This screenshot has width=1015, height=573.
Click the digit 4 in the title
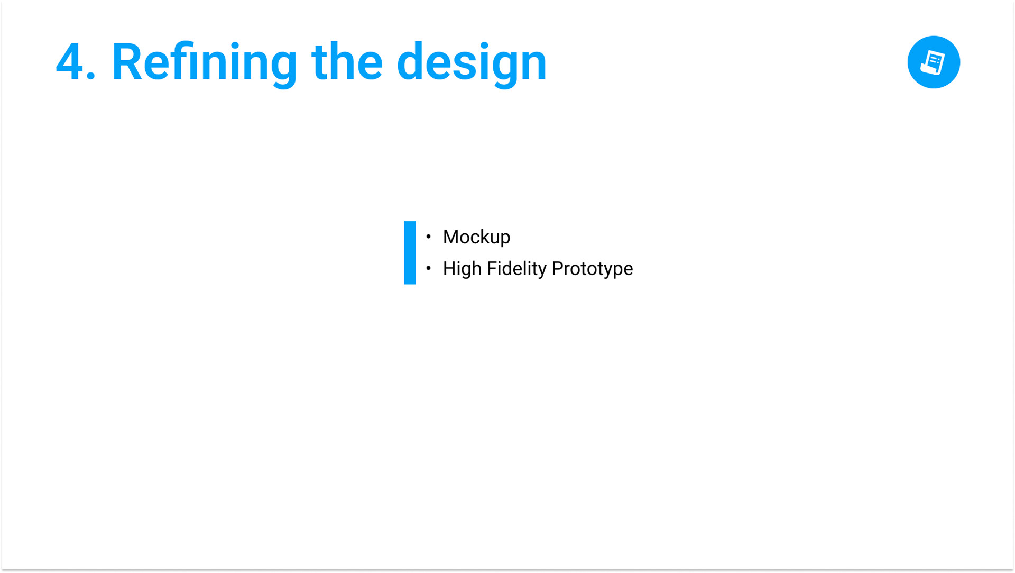click(x=70, y=62)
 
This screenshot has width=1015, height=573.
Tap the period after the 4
click(x=90, y=76)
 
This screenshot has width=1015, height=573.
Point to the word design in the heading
click(x=472, y=63)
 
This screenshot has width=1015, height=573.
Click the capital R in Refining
click(x=126, y=62)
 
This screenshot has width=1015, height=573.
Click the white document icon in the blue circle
click(x=933, y=62)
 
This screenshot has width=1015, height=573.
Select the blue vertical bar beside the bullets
click(x=410, y=252)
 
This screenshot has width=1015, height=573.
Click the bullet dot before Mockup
click(x=428, y=236)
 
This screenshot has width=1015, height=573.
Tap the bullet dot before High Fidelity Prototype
click(x=428, y=268)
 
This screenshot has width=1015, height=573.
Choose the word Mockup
click(x=476, y=238)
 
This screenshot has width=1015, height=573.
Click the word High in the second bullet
click(x=462, y=269)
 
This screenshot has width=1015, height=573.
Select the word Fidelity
click(x=516, y=269)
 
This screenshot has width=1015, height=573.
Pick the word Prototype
click(x=592, y=269)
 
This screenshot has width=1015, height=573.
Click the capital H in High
click(x=449, y=268)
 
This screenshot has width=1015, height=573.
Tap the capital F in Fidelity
click(x=492, y=268)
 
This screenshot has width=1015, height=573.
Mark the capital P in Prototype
click(x=557, y=268)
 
